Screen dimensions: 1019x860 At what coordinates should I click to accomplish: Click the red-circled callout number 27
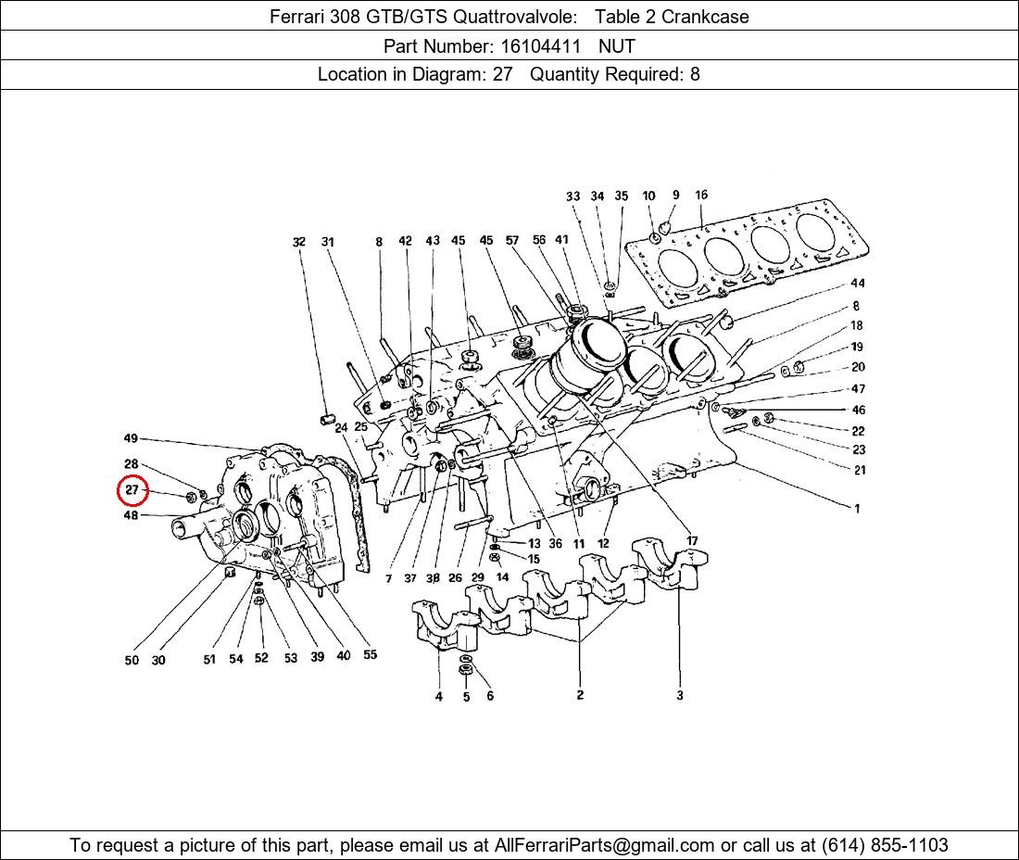132,489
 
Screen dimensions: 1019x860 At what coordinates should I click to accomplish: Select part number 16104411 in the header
540,46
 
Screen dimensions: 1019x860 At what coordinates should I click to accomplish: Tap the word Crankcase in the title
705,17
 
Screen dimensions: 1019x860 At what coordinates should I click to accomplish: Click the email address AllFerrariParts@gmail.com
604,845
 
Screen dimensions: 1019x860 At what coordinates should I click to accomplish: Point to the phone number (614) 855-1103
885,845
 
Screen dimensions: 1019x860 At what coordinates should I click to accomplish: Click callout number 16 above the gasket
700,195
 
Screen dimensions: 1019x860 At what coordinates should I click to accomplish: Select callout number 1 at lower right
857,509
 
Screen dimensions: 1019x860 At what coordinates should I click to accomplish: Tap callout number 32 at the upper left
298,242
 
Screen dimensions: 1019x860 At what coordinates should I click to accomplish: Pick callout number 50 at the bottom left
132,660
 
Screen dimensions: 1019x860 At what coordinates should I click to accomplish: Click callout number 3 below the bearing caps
680,695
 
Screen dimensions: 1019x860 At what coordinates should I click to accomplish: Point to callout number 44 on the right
858,283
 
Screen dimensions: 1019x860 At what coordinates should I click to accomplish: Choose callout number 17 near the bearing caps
692,541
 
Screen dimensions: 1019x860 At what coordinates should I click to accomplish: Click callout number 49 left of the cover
131,438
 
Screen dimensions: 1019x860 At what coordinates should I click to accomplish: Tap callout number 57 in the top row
512,241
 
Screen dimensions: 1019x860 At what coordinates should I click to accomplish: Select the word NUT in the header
617,46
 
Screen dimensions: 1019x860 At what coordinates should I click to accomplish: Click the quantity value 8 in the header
695,75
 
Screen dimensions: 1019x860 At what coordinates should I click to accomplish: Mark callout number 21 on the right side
860,470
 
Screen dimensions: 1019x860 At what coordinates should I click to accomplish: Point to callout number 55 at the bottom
370,654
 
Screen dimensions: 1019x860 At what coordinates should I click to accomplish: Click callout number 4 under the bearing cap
439,697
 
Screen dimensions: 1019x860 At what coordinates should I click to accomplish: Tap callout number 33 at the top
572,196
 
